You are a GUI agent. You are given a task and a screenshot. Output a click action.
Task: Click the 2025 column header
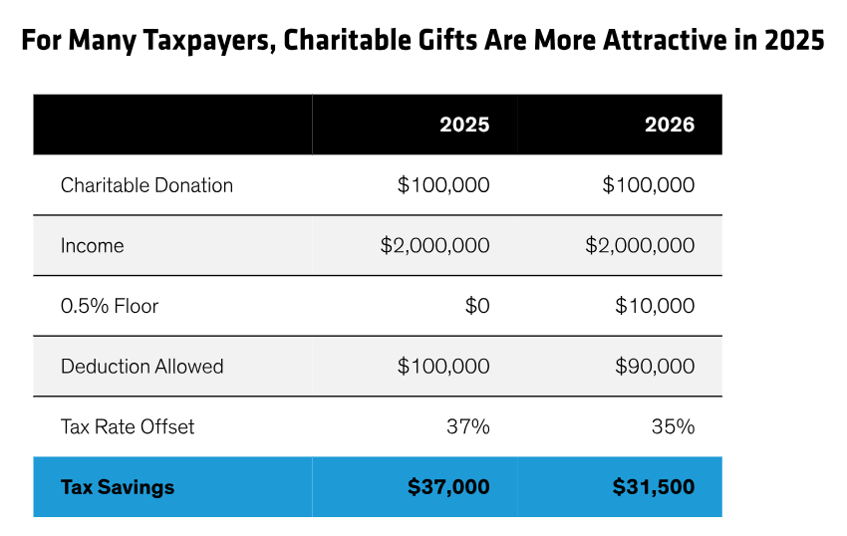pos(464,126)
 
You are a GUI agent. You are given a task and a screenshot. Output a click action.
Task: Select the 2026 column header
pos(669,126)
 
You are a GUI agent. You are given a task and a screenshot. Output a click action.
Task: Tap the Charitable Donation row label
pos(146,185)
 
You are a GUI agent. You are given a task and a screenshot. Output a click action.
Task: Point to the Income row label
pos(93,246)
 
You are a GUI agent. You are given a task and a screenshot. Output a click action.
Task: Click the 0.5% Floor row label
pos(110,306)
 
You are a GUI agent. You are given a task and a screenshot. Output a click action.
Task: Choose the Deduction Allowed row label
pos(141,367)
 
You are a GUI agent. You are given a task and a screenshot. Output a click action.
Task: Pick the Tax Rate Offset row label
pos(128,426)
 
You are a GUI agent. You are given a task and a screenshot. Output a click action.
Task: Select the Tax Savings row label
pos(118,487)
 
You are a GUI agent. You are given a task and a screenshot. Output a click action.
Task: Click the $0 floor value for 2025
pos(477,306)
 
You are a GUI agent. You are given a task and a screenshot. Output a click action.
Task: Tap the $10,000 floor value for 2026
pos(655,306)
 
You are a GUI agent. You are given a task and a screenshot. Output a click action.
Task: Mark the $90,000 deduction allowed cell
pos(655,367)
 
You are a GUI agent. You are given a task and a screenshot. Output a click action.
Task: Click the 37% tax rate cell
pos(468,426)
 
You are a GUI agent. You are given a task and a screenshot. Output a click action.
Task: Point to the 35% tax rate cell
pos(674,426)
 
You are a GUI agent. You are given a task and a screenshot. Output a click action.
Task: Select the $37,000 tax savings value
pos(448,487)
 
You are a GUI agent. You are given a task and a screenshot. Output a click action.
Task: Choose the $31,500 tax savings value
pos(654,487)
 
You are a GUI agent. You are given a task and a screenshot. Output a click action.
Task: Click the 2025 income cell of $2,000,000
pos(434,246)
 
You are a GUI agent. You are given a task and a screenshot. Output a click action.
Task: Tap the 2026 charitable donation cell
pos(649,185)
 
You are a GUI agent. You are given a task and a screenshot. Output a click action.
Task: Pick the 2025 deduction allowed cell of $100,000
pos(443,367)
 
